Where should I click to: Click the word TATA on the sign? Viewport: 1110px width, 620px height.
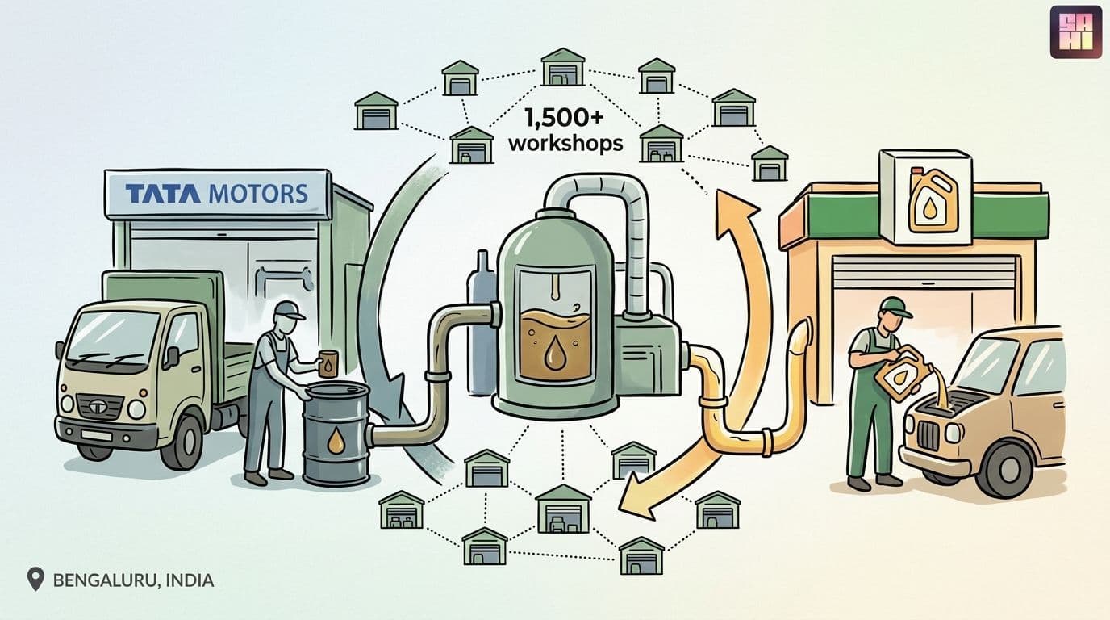click(163, 194)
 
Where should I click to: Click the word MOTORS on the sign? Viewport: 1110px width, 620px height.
click(258, 193)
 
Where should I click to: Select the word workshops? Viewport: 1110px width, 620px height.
click(566, 144)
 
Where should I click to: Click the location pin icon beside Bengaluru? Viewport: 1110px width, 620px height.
click(35, 579)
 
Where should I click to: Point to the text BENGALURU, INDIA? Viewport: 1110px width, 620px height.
click(133, 580)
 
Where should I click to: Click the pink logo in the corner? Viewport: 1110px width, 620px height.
click(1075, 31)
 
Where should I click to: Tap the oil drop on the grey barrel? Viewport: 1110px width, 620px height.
click(336, 441)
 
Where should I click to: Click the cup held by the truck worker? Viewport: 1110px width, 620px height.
click(328, 364)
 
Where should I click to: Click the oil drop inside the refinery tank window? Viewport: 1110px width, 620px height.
click(553, 352)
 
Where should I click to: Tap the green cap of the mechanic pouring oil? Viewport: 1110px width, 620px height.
click(896, 307)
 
